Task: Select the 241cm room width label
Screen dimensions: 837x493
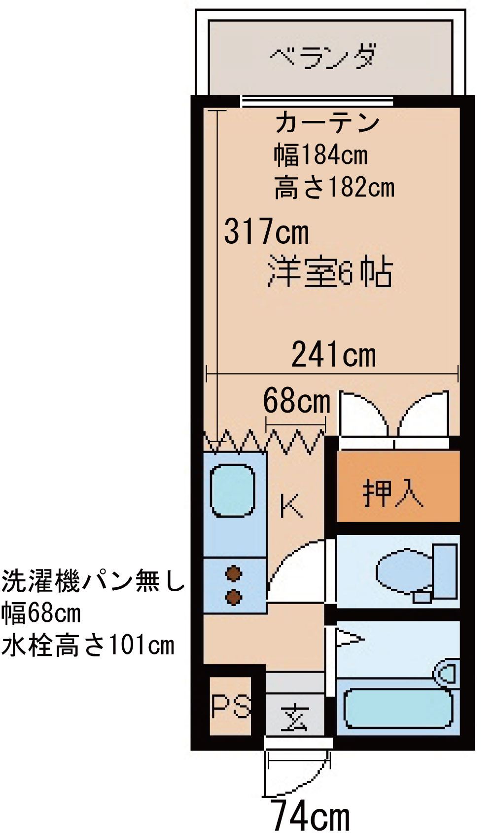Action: pyautogui.click(x=333, y=354)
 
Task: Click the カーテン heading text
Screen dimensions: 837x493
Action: pyautogui.click(x=327, y=122)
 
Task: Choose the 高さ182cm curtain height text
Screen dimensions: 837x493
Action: pyautogui.click(x=334, y=188)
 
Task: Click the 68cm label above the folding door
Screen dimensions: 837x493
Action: pyautogui.click(x=296, y=400)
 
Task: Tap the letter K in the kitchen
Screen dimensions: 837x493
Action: pyautogui.click(x=290, y=505)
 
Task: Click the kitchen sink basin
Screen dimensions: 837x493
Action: pyautogui.click(x=232, y=491)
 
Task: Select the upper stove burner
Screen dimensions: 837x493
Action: pyautogui.click(x=233, y=574)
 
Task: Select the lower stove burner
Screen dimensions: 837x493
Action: pyautogui.click(x=233, y=597)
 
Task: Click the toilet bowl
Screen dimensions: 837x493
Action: pyautogui.click(x=402, y=571)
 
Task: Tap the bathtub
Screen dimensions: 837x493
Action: pyautogui.click(x=397, y=708)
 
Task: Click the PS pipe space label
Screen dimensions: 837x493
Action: pyautogui.click(x=230, y=706)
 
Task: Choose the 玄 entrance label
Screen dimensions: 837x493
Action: pyautogui.click(x=294, y=717)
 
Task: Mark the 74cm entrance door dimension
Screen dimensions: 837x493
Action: pyautogui.click(x=311, y=817)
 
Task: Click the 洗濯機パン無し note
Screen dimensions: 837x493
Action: pyautogui.click(x=92, y=581)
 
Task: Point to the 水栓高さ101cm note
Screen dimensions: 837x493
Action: pyautogui.click(x=88, y=645)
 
